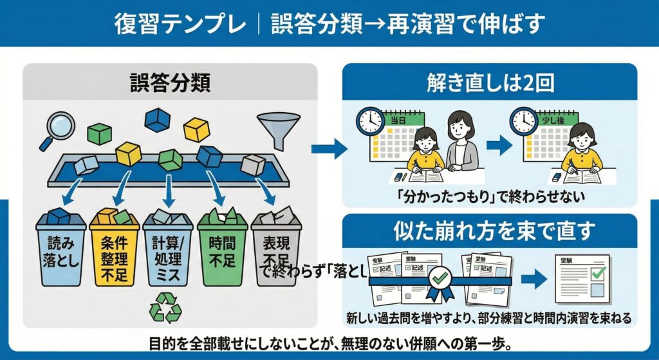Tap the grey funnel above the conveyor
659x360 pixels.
278,126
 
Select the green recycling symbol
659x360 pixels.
166,307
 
